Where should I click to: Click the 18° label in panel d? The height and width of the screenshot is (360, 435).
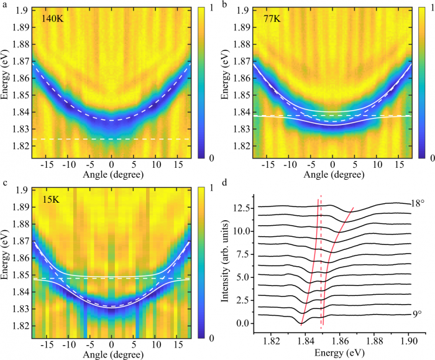click(416, 203)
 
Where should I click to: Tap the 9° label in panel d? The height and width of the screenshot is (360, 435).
click(416, 314)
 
